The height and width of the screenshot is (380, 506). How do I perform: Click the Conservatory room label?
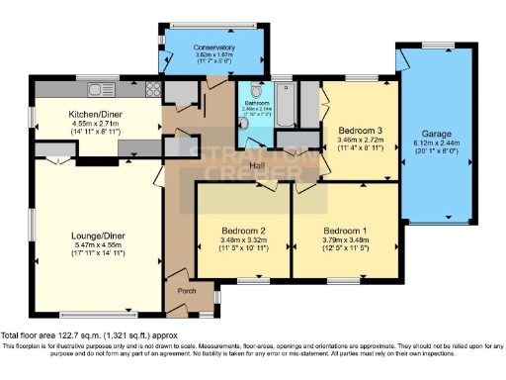tap(213, 47)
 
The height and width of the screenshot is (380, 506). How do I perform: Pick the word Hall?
tap(259, 164)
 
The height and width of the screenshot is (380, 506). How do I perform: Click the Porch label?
tap(186, 291)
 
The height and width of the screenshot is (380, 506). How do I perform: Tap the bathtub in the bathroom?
tap(286, 104)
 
